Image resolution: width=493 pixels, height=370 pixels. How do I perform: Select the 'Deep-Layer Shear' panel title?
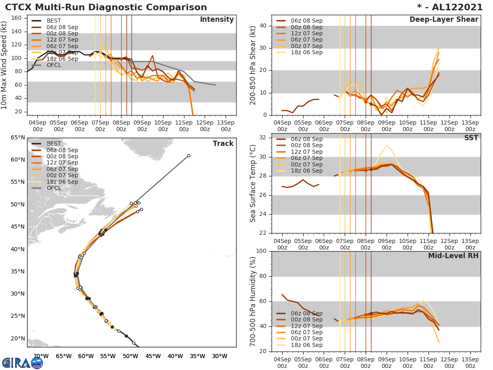[x=444, y=20]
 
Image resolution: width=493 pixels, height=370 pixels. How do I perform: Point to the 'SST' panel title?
[x=471, y=138]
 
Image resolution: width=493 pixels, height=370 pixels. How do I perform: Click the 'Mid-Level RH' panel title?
[x=453, y=256]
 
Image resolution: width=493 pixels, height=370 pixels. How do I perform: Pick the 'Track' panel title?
[x=223, y=143]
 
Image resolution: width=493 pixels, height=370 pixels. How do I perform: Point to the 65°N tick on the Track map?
[x=18, y=137]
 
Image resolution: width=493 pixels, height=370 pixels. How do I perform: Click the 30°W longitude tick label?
[x=219, y=356]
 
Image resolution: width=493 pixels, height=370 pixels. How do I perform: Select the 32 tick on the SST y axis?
[x=265, y=138]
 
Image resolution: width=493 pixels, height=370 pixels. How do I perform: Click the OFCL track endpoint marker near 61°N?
[x=189, y=155]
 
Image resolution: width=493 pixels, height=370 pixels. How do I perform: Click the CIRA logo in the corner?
[x=23, y=363]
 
